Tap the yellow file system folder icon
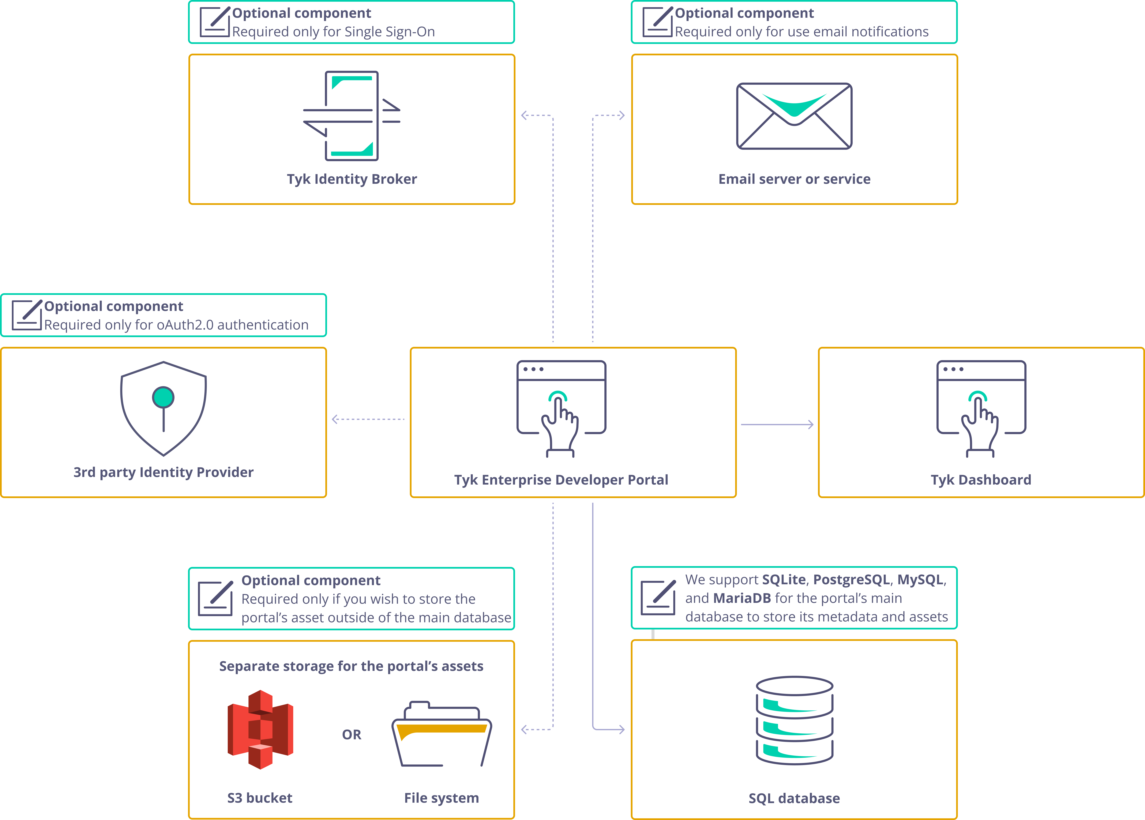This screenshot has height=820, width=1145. (442, 735)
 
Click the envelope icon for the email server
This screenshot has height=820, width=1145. (794, 116)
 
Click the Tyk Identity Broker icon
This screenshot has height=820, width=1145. (352, 116)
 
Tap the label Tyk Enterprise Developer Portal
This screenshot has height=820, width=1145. (561, 480)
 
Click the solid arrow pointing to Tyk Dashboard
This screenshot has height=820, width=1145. (777, 425)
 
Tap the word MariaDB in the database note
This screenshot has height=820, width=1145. (742, 598)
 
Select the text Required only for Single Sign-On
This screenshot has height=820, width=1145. (333, 32)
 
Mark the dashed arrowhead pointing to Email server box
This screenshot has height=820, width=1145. (621, 116)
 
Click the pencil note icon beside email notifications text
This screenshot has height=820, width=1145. (657, 22)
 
